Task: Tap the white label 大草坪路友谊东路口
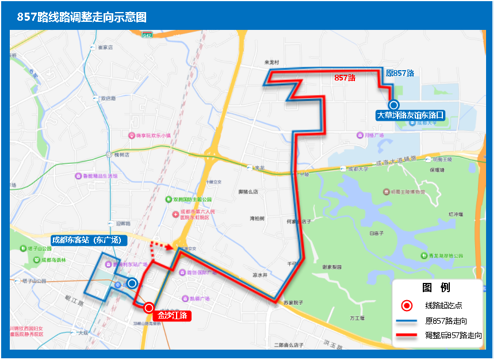click(x=410, y=115)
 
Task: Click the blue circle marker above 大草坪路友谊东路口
click(x=393, y=105)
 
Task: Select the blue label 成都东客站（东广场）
click(x=87, y=240)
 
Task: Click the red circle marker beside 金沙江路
click(x=148, y=308)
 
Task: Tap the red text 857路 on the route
click(x=345, y=77)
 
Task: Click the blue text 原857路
click(x=400, y=73)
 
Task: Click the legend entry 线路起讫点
click(x=444, y=305)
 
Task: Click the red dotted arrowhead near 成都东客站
click(x=169, y=248)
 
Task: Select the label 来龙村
click(x=271, y=62)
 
